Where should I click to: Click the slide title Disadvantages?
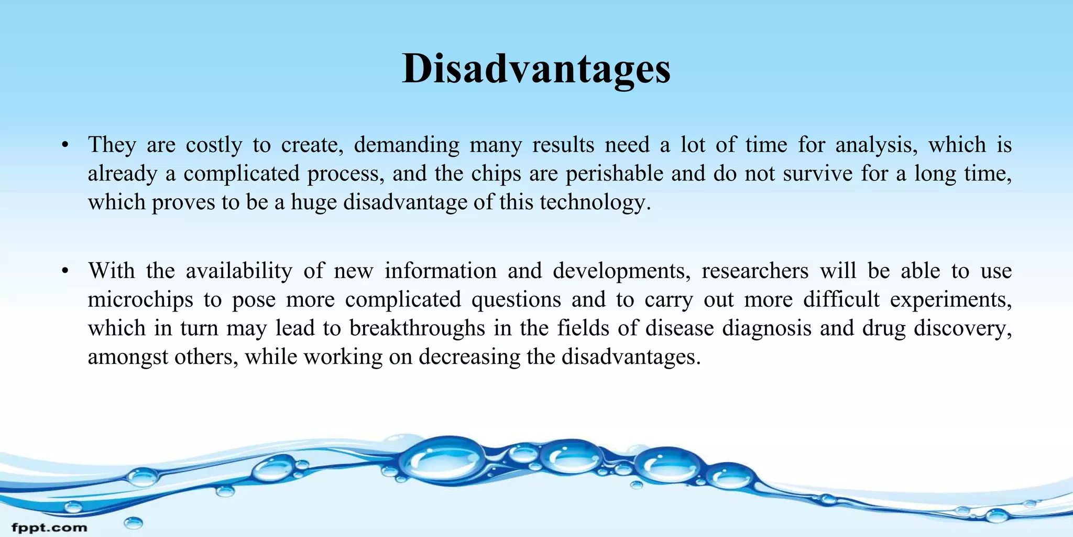pos(536,69)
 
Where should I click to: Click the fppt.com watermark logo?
pos(49,528)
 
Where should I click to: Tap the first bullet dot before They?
pos(65,145)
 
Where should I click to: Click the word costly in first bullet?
pos(214,145)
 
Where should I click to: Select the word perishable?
pos(614,174)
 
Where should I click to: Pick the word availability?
pos(239,271)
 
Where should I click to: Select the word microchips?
pos(140,300)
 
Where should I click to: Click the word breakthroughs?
pos(417,328)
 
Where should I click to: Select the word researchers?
pos(755,271)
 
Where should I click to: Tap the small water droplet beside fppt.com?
pos(133,522)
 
